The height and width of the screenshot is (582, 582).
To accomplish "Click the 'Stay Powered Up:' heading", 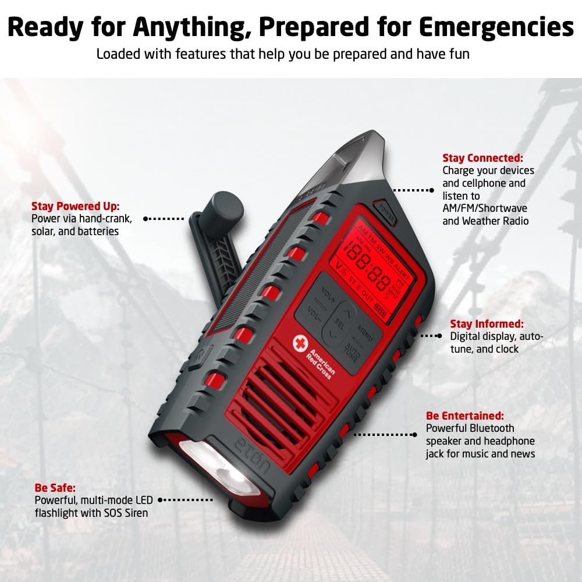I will [x=75, y=206].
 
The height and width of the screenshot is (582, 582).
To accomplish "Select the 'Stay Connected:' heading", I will [x=482, y=158].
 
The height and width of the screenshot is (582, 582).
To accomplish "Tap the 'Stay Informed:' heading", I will [x=487, y=324].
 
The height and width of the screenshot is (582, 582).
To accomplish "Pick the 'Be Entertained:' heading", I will [x=465, y=416].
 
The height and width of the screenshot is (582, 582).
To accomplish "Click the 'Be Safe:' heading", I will [x=55, y=487].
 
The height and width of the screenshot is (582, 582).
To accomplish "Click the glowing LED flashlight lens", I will [x=218, y=466].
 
